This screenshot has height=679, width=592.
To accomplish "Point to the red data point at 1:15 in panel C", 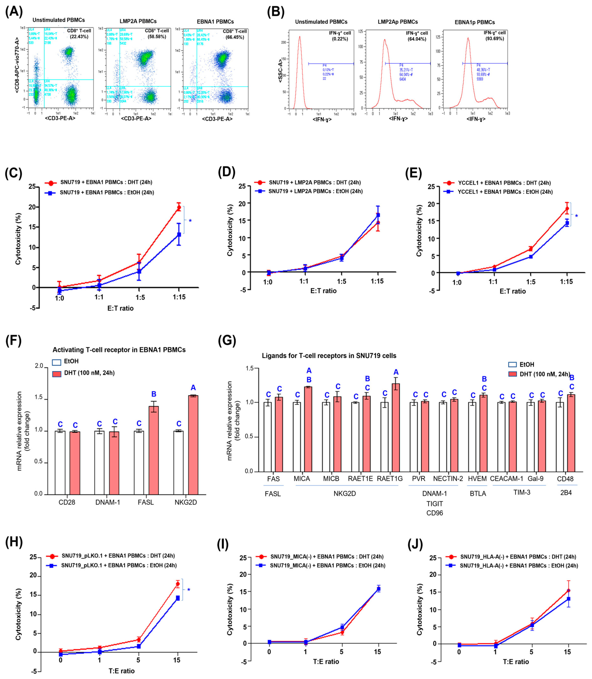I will tap(179, 207).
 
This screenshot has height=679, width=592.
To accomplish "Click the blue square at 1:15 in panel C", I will tap(179, 235).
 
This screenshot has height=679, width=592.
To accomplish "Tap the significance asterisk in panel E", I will tap(576, 216).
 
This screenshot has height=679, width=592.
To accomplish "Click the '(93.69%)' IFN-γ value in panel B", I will tap(494, 39).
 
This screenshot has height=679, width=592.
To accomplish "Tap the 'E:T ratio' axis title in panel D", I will tap(323, 291).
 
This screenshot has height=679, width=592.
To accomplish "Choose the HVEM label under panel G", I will tap(477, 479).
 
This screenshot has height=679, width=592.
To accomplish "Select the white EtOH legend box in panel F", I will tap(57, 362).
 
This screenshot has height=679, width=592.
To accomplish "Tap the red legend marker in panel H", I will tap(51, 556).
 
